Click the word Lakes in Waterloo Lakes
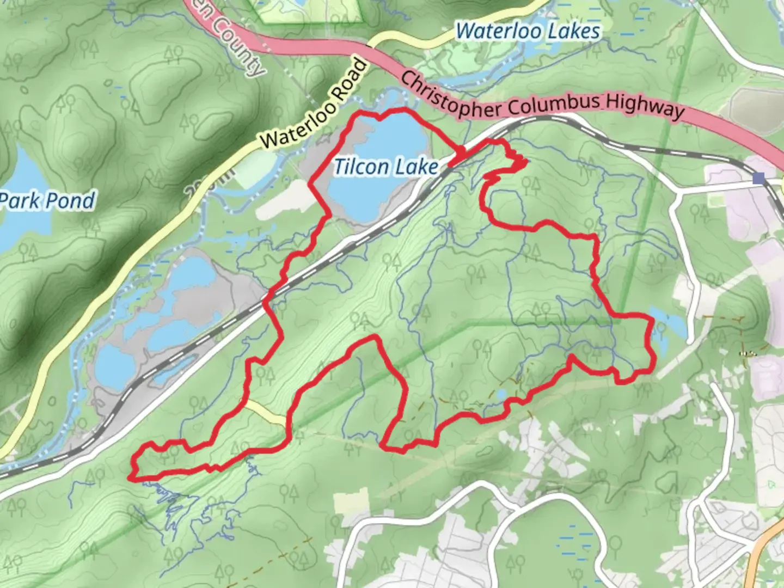tap(573, 31)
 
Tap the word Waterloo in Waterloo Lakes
tap(499, 31)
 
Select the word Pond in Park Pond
tap(73, 201)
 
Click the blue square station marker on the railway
tap(758, 177)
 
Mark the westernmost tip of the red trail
tap(130, 477)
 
